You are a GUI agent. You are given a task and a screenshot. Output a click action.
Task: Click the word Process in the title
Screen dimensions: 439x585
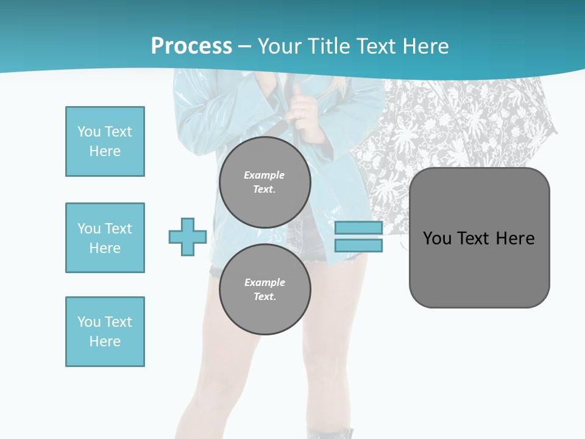point(191,46)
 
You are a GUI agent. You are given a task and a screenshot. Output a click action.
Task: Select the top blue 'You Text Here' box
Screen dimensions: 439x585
point(105,141)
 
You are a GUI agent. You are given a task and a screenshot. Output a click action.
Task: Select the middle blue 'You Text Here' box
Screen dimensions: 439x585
point(105,238)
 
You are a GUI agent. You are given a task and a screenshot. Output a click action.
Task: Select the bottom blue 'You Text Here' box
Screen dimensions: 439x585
point(105,332)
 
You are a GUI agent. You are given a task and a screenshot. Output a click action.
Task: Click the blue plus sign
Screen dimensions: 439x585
point(188,237)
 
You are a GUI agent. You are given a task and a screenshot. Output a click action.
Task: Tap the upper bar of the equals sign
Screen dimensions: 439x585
point(358,228)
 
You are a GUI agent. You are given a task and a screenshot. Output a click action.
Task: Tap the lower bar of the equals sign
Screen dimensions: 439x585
point(358,246)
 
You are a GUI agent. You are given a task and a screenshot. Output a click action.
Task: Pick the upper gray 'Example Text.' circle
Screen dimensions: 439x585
point(264,182)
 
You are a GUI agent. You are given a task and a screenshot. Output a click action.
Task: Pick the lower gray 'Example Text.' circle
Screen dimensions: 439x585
point(264,290)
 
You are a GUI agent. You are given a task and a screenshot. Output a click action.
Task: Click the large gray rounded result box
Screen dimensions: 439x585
point(479,268)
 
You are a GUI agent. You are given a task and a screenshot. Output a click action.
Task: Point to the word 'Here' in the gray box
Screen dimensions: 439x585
point(515,238)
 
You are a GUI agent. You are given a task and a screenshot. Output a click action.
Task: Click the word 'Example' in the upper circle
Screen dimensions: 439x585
point(264,175)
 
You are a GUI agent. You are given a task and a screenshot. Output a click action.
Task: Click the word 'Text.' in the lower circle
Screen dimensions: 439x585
point(264,297)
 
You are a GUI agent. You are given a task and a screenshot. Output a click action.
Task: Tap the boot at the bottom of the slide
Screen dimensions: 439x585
point(330,434)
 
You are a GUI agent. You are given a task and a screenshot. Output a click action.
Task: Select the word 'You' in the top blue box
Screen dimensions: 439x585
point(88,132)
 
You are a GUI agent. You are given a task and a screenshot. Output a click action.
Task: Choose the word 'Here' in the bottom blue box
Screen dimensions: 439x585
point(105,341)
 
